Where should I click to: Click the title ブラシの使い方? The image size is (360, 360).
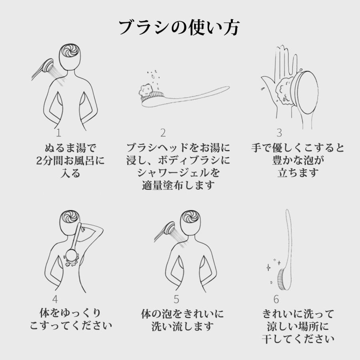click(x=180, y=28)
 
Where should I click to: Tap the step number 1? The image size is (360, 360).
click(x=59, y=133)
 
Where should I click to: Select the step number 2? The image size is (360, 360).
click(x=163, y=133)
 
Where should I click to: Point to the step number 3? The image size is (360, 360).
click(x=279, y=133)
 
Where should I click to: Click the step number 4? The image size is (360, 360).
click(x=55, y=299)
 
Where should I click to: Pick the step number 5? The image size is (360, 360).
click(x=176, y=299)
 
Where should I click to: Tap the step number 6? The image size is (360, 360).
click(x=276, y=299)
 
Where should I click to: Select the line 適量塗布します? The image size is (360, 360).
click(x=178, y=185)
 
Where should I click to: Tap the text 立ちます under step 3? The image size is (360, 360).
click(x=298, y=173)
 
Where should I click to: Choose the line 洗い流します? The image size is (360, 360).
click(x=182, y=326)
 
